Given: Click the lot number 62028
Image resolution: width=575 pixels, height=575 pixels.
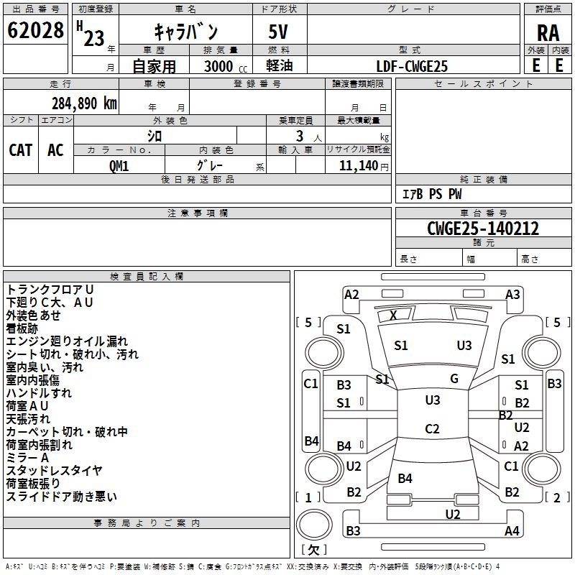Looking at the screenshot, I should click(35, 31).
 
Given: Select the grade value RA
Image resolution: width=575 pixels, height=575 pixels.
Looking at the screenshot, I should click(548, 33).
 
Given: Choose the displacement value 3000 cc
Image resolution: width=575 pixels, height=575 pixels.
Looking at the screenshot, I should click(220, 66).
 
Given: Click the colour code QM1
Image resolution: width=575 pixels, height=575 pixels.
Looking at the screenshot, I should click(119, 165).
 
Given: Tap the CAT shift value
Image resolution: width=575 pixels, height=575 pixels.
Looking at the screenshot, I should click(20, 149).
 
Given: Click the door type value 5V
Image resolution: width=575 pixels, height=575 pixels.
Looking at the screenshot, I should click(280, 33).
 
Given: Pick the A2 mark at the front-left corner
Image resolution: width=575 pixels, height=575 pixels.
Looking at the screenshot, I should click(351, 294).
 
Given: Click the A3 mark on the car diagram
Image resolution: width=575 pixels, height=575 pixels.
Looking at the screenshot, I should click(512, 294).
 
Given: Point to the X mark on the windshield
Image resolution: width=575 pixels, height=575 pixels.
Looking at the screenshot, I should click(393, 315).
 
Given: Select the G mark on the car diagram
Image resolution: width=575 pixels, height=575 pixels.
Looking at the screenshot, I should click(454, 379).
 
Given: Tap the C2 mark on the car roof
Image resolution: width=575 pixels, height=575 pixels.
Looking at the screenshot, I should click(432, 429).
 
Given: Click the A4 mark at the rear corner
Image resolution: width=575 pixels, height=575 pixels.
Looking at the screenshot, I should click(512, 531).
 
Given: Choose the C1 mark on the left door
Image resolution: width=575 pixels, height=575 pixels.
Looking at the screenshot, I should click(310, 384).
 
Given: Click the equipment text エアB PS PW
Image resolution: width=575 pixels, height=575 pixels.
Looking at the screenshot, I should click(431, 194).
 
